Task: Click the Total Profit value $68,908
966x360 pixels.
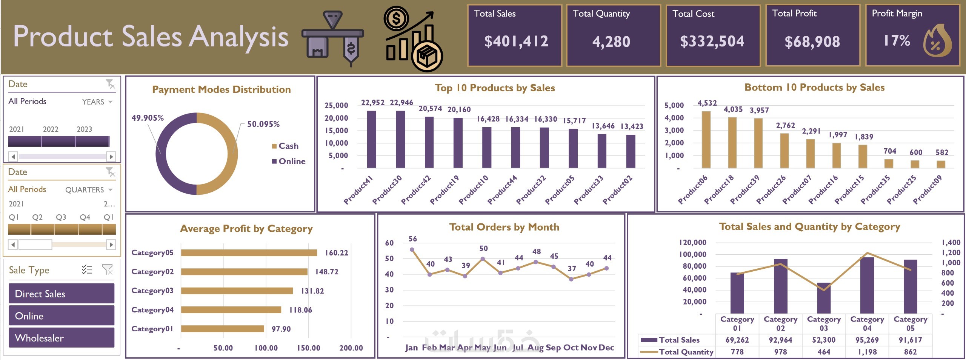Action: [812, 42]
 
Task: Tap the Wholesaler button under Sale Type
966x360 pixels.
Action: [62, 338]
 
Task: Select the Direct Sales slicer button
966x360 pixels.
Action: [62, 294]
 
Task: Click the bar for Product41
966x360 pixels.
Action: [371, 139]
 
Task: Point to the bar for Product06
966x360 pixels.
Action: [706, 140]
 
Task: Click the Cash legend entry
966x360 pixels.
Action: [288, 146]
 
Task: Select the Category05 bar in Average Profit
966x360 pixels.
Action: [249, 253]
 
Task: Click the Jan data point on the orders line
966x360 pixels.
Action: [412, 250]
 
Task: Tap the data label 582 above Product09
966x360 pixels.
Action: [942, 152]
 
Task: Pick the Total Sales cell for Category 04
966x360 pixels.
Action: [867, 340]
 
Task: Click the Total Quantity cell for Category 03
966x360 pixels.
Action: [824, 352]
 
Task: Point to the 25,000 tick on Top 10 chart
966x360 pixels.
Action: [336, 106]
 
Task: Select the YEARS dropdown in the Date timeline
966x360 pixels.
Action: [97, 102]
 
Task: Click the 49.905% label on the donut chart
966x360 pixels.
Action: [148, 118]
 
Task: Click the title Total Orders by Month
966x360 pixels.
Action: [504, 227]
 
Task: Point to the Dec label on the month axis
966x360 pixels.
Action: [606, 348]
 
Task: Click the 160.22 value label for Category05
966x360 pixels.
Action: [337, 253]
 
